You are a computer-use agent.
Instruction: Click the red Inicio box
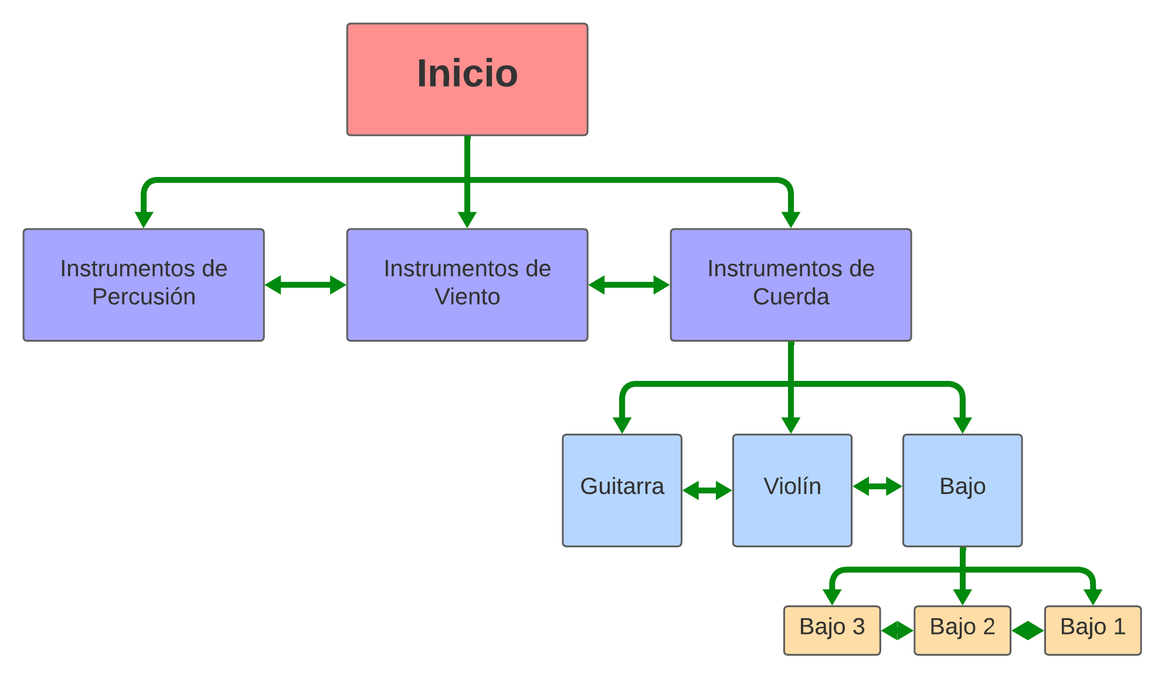(467, 80)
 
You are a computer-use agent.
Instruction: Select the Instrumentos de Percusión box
(144, 285)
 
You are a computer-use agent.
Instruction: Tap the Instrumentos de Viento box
(467, 285)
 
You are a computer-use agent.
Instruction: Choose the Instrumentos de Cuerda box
(791, 285)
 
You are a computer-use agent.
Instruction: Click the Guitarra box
(622, 490)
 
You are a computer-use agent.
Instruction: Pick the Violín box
(792, 490)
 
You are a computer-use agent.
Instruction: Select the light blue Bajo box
(963, 490)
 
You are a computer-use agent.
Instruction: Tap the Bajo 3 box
(832, 630)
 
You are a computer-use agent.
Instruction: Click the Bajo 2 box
(962, 630)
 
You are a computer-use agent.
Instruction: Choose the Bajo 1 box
(1093, 630)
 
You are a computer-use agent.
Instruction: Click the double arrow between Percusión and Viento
(305, 285)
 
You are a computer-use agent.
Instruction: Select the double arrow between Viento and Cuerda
(629, 285)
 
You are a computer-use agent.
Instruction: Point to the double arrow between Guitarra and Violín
(707, 490)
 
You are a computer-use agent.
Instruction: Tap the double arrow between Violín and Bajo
(878, 486)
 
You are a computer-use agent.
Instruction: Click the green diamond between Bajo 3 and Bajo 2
(897, 631)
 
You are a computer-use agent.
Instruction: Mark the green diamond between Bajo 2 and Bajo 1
(1028, 631)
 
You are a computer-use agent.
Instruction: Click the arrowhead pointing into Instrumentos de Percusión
(144, 219)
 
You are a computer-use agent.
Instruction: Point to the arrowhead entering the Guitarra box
(622, 425)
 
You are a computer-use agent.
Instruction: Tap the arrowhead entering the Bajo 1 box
(1093, 597)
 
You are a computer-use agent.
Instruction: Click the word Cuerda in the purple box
(791, 297)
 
